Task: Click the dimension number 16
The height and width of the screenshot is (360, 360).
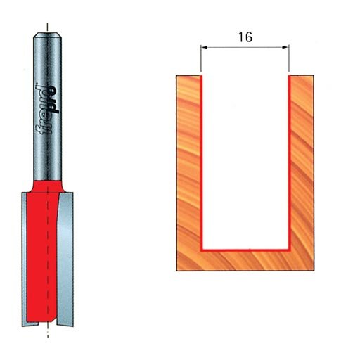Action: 245,37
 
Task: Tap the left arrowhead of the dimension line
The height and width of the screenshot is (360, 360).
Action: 205,47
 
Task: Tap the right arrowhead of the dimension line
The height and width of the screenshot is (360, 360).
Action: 285,47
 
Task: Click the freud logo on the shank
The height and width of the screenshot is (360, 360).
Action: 48,109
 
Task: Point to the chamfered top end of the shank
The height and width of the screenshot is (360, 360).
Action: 47,34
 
